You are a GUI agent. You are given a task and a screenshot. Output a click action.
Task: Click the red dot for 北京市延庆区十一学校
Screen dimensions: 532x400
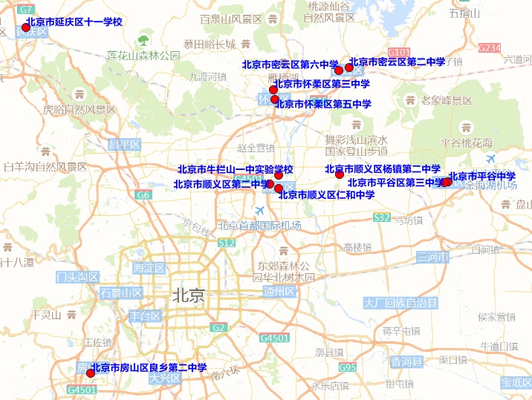(25, 27)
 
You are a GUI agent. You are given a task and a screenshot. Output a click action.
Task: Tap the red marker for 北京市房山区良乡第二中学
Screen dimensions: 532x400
(91, 373)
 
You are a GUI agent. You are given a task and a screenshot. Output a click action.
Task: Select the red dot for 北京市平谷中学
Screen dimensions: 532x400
(447, 182)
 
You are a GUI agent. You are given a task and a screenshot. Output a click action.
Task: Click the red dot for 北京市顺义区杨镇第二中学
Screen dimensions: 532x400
(340, 174)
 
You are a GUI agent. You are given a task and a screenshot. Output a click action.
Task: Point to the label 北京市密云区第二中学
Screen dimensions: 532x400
(397, 62)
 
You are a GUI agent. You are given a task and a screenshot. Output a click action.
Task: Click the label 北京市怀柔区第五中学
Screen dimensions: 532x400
(322, 105)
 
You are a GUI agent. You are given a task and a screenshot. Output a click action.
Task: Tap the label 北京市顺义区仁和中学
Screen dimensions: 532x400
(326, 195)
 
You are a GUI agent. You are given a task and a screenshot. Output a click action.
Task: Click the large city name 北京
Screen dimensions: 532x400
(187, 295)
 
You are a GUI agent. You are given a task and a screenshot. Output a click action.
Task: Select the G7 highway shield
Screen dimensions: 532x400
(25, 10)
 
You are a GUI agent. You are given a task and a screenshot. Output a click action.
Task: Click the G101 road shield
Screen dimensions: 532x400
(399, 53)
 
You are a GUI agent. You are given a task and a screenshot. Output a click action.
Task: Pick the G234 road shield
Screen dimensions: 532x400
(490, 47)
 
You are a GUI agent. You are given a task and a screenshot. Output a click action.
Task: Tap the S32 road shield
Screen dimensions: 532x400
(382, 217)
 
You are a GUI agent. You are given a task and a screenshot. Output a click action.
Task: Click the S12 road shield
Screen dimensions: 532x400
(227, 243)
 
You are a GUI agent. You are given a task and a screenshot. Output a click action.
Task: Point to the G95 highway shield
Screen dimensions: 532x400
(348, 367)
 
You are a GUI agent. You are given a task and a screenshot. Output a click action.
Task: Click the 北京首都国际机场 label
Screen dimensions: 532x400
(259, 226)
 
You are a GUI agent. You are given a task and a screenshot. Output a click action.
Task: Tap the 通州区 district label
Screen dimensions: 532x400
(279, 292)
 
